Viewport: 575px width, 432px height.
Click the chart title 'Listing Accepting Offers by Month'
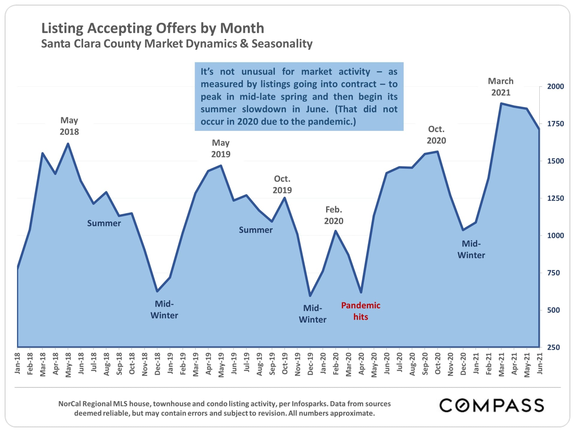pos(152,28)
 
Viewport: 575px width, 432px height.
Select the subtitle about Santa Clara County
pos(177,44)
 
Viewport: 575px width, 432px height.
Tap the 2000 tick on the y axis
pos(555,86)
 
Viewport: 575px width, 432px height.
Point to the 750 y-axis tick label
pos(553,273)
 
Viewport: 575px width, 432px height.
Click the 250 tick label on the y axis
pos(553,347)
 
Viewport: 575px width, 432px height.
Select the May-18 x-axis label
pos(68,365)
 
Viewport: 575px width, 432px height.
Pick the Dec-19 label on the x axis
pos(310,364)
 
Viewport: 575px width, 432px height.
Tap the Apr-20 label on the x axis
pos(361,364)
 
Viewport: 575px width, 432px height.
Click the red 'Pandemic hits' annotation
pos(361,311)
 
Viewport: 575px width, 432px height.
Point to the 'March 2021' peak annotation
pos(501,87)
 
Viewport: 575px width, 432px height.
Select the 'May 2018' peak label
pos(69,126)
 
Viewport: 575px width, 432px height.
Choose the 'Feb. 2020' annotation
pos(334,215)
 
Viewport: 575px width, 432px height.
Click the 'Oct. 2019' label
pos(282,184)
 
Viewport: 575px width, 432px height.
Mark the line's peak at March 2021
pos(501,103)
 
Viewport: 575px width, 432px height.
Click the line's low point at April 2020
pos(361,292)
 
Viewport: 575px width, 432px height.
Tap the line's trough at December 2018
pos(157,291)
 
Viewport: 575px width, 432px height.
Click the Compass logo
pos(491,405)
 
